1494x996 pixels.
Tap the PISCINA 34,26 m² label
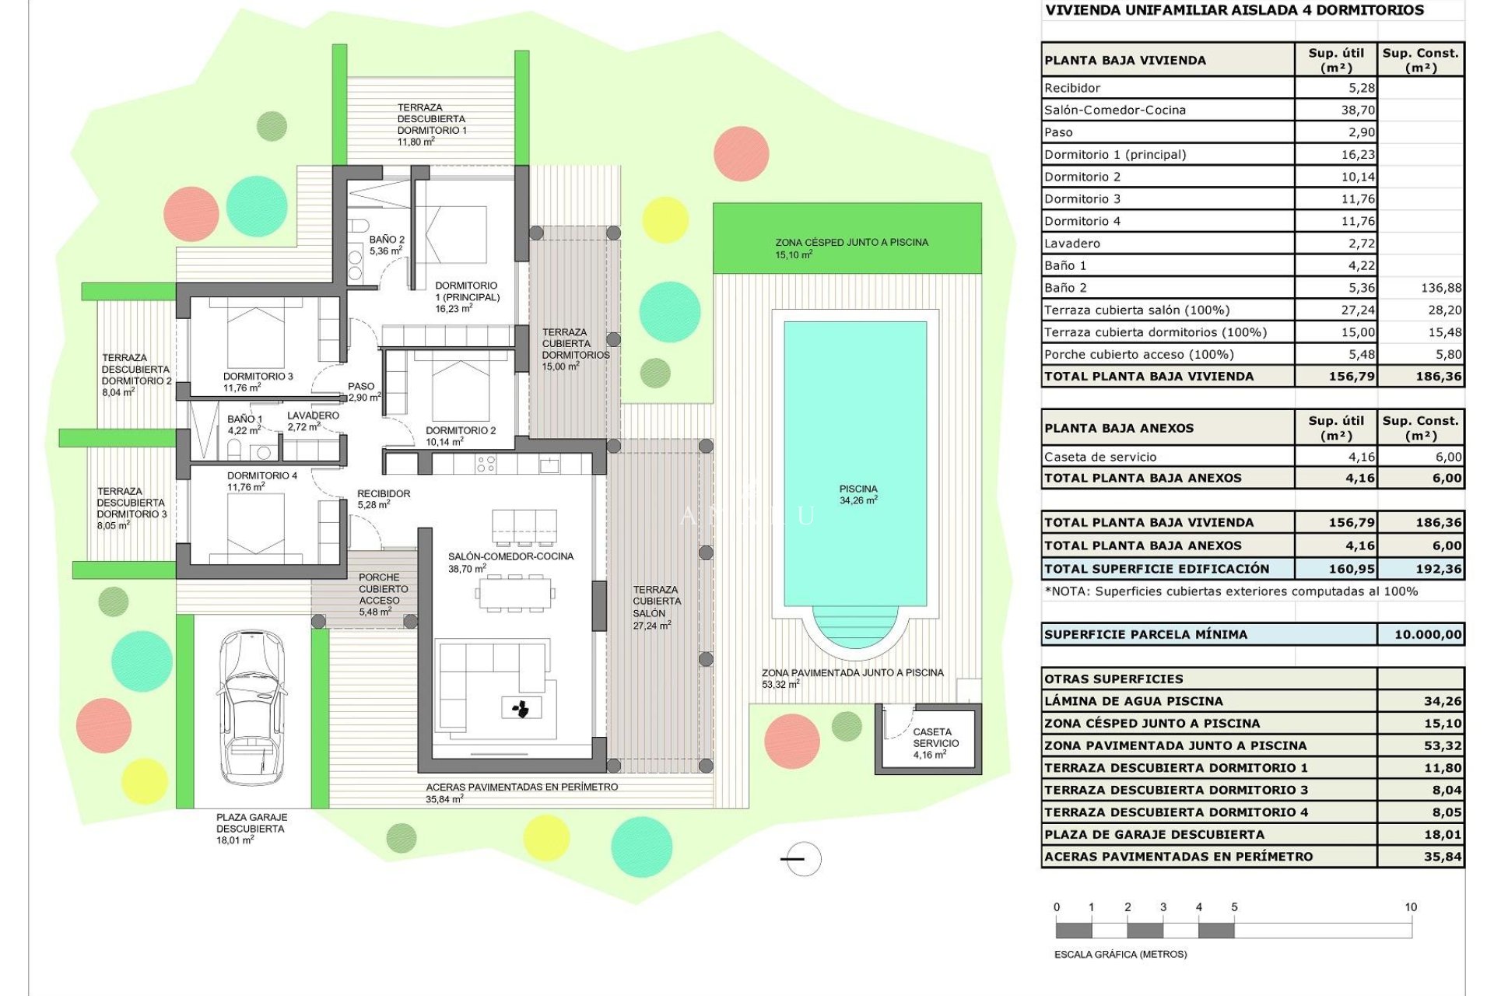857,495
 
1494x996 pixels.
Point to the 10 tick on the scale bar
1410,907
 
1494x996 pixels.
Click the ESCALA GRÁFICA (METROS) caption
1120,954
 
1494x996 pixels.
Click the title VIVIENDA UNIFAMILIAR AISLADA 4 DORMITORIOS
1234,11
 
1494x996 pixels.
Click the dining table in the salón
514,594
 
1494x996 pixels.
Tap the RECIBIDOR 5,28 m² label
383,499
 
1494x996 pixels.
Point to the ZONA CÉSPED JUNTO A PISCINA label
851,247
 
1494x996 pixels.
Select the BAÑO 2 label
387,245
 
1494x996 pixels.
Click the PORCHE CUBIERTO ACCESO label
382,594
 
